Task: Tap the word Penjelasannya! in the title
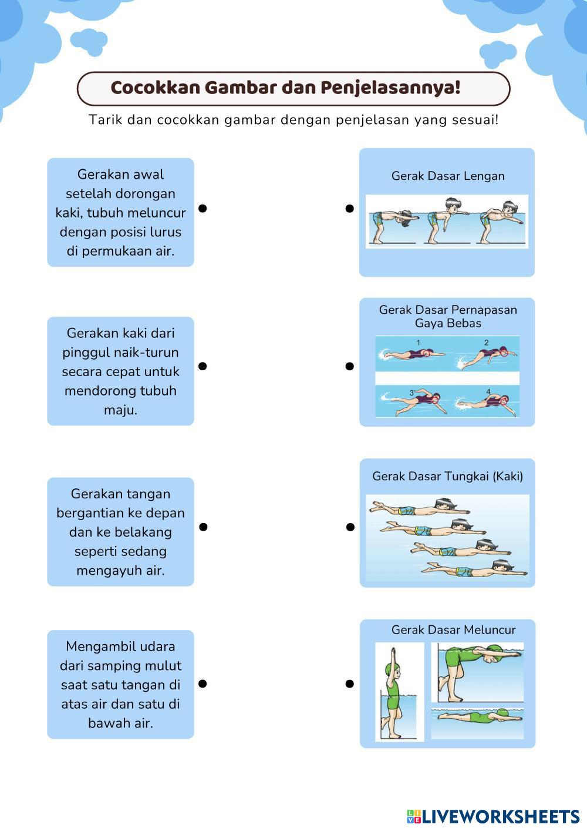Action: (x=390, y=88)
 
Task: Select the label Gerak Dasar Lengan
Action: (x=448, y=176)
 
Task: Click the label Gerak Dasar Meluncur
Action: (x=453, y=630)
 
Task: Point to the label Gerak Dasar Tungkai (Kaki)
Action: (x=447, y=476)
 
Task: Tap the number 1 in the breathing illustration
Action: (x=417, y=342)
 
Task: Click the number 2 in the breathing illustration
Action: (x=486, y=342)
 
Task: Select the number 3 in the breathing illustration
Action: (x=411, y=393)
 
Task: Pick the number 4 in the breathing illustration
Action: (x=488, y=391)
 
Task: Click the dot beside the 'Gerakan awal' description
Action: (x=203, y=208)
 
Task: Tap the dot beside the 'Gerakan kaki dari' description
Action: (x=203, y=366)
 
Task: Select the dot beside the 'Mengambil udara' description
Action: (x=203, y=683)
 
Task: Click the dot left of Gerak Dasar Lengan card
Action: (x=350, y=208)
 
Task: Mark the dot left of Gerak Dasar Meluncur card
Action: (x=350, y=683)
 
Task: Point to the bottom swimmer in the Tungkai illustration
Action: (x=475, y=570)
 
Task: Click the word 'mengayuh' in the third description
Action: (x=104, y=570)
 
